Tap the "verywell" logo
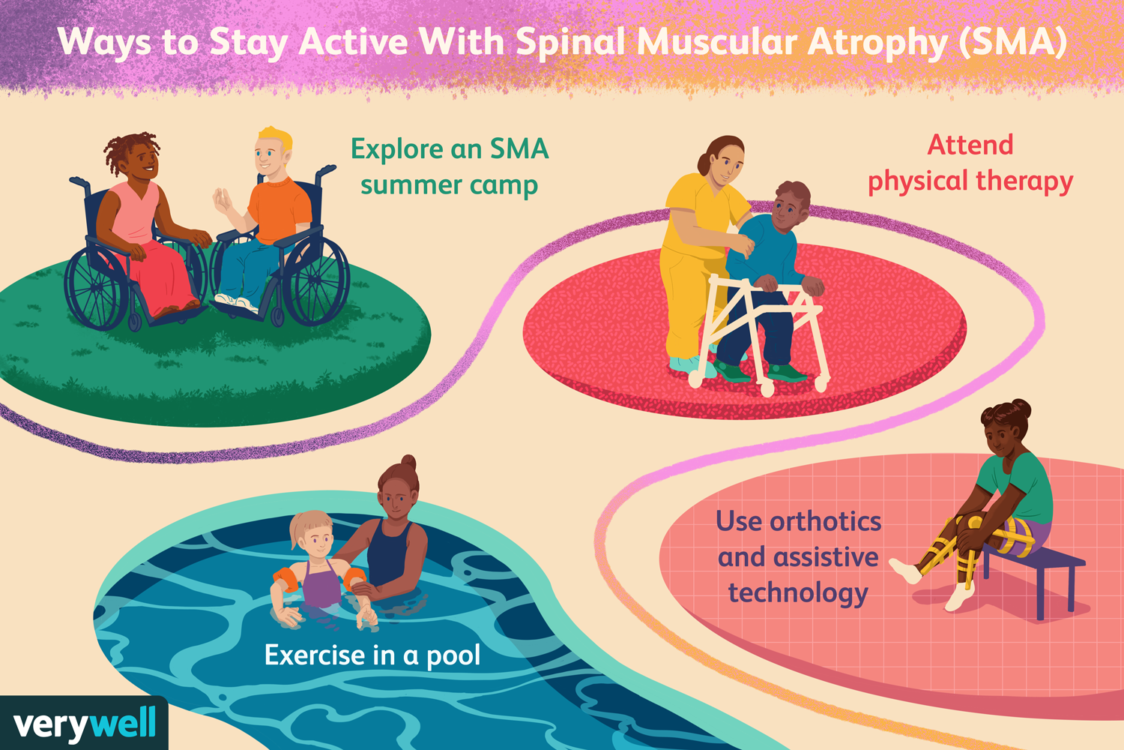point(84,724)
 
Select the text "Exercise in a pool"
point(372,655)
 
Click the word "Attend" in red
point(970,145)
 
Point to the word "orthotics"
point(825,521)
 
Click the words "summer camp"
point(449,185)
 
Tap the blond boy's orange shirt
point(278,211)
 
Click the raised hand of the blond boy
point(222,202)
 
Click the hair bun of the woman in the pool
point(409,462)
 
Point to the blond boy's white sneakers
point(237,302)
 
